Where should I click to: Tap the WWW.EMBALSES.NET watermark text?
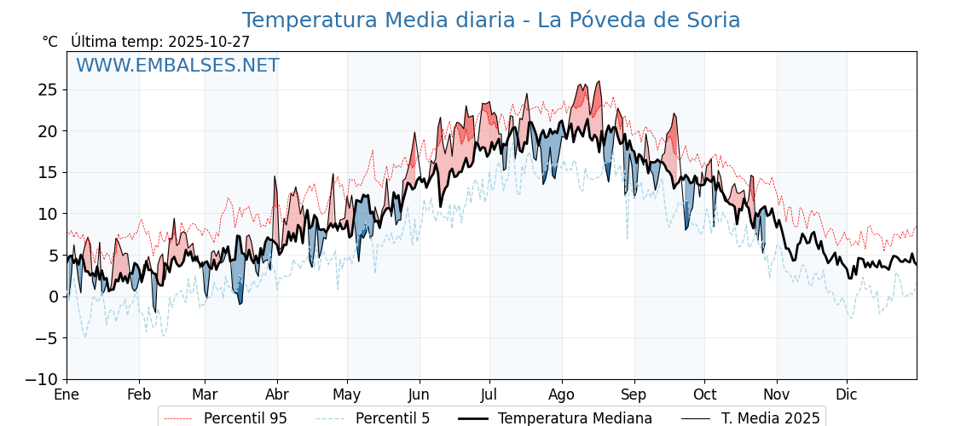coord(177,66)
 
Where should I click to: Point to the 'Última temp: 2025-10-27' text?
coord(160,42)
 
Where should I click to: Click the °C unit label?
coord(49,42)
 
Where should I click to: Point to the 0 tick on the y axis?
coord(53,296)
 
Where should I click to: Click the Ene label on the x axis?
coord(67,394)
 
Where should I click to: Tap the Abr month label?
coord(277,394)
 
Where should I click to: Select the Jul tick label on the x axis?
coord(489,394)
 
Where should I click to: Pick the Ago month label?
coord(562,394)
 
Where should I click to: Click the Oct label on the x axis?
coord(704,394)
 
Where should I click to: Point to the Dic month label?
coord(847,394)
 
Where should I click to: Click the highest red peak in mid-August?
coord(599,83)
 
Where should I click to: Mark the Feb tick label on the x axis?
coord(139,394)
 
